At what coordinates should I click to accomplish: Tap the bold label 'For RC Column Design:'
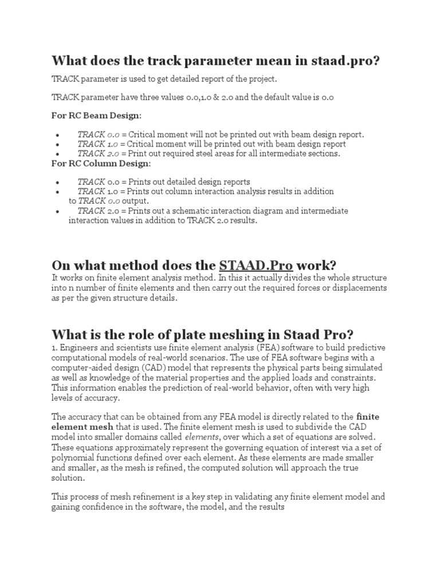(101, 164)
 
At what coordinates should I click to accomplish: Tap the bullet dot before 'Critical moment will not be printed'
(58, 134)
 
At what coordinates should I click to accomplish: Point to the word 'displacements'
(359, 287)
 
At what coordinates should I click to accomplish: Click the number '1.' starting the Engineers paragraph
(55, 347)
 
